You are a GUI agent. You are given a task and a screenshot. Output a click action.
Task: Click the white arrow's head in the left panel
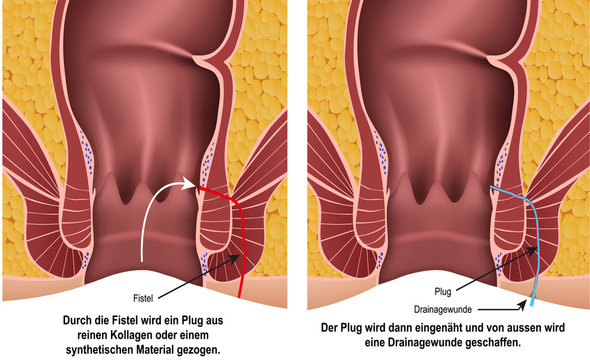pos(190,184)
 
